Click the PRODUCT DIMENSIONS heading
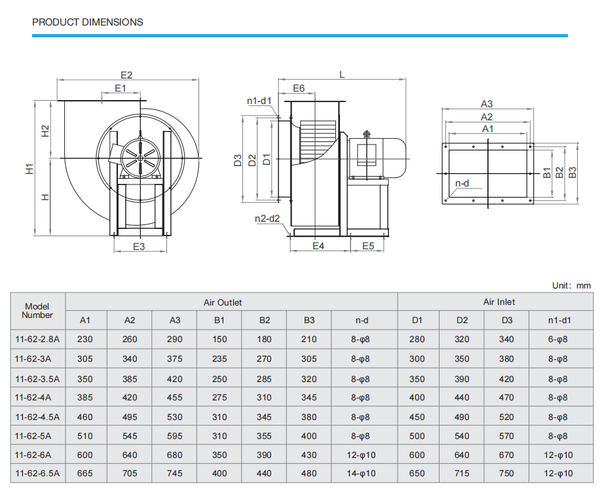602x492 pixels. [87, 22]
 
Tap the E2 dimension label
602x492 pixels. [126, 75]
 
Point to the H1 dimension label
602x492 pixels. [29, 169]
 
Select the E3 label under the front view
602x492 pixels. [139, 247]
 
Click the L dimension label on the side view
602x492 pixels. [342, 75]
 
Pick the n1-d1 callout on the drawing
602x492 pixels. [259, 101]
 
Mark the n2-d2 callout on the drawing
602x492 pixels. [267, 219]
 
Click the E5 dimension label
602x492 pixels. [368, 246]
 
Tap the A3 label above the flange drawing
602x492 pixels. [487, 103]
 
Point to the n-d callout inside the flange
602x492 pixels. [462, 183]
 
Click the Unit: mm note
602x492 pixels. [571, 286]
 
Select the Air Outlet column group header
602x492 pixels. [223, 302]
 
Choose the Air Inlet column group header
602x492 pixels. [499, 302]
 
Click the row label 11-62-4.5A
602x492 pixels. [37, 417]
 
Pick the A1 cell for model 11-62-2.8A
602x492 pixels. [85, 339]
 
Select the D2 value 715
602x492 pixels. [462, 473]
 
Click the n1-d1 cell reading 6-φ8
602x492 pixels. [558, 339]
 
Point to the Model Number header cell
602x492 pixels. [37, 311]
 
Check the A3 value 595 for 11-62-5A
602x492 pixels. [175, 436]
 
